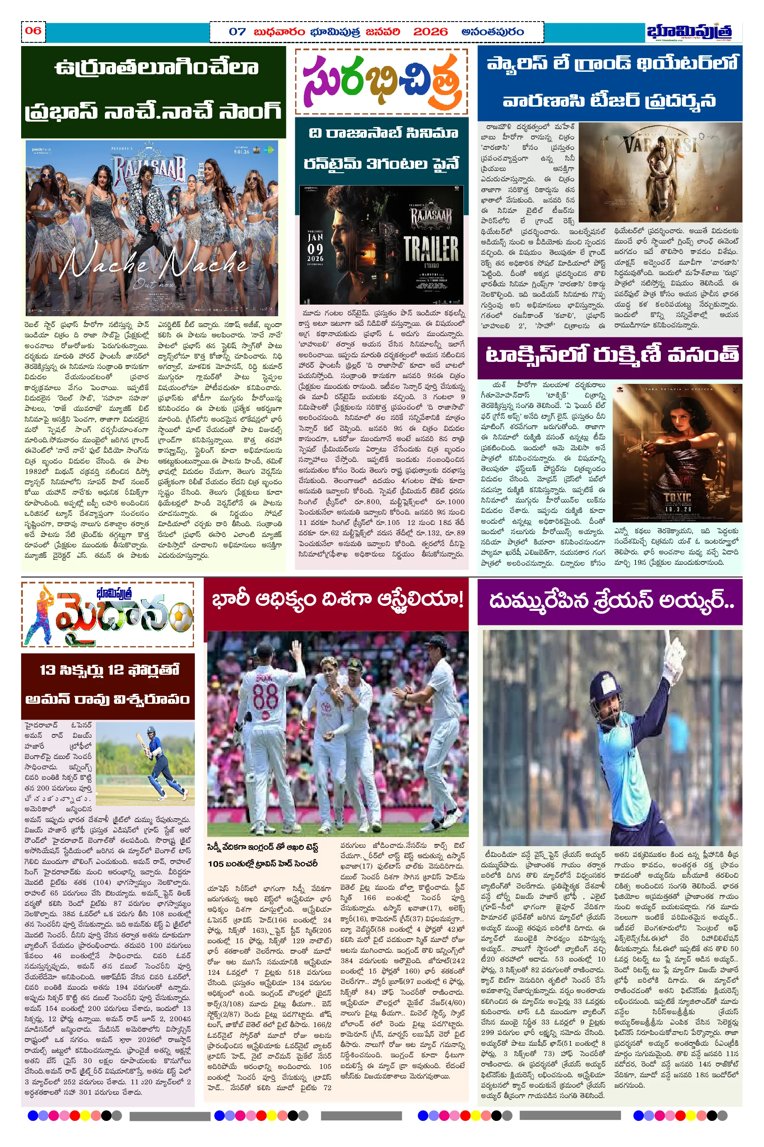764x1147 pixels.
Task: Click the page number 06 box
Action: click(x=33, y=31)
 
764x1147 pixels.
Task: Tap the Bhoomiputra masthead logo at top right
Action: click(x=689, y=32)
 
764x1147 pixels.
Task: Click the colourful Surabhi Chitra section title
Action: click(x=381, y=82)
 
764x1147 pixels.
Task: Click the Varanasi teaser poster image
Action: click(x=659, y=172)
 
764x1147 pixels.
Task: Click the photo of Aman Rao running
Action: click(x=145, y=763)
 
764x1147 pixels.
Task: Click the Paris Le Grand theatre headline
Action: click(x=609, y=83)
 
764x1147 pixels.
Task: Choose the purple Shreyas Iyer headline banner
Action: click(x=609, y=602)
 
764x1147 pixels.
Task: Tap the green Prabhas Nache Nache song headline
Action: click(x=153, y=91)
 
